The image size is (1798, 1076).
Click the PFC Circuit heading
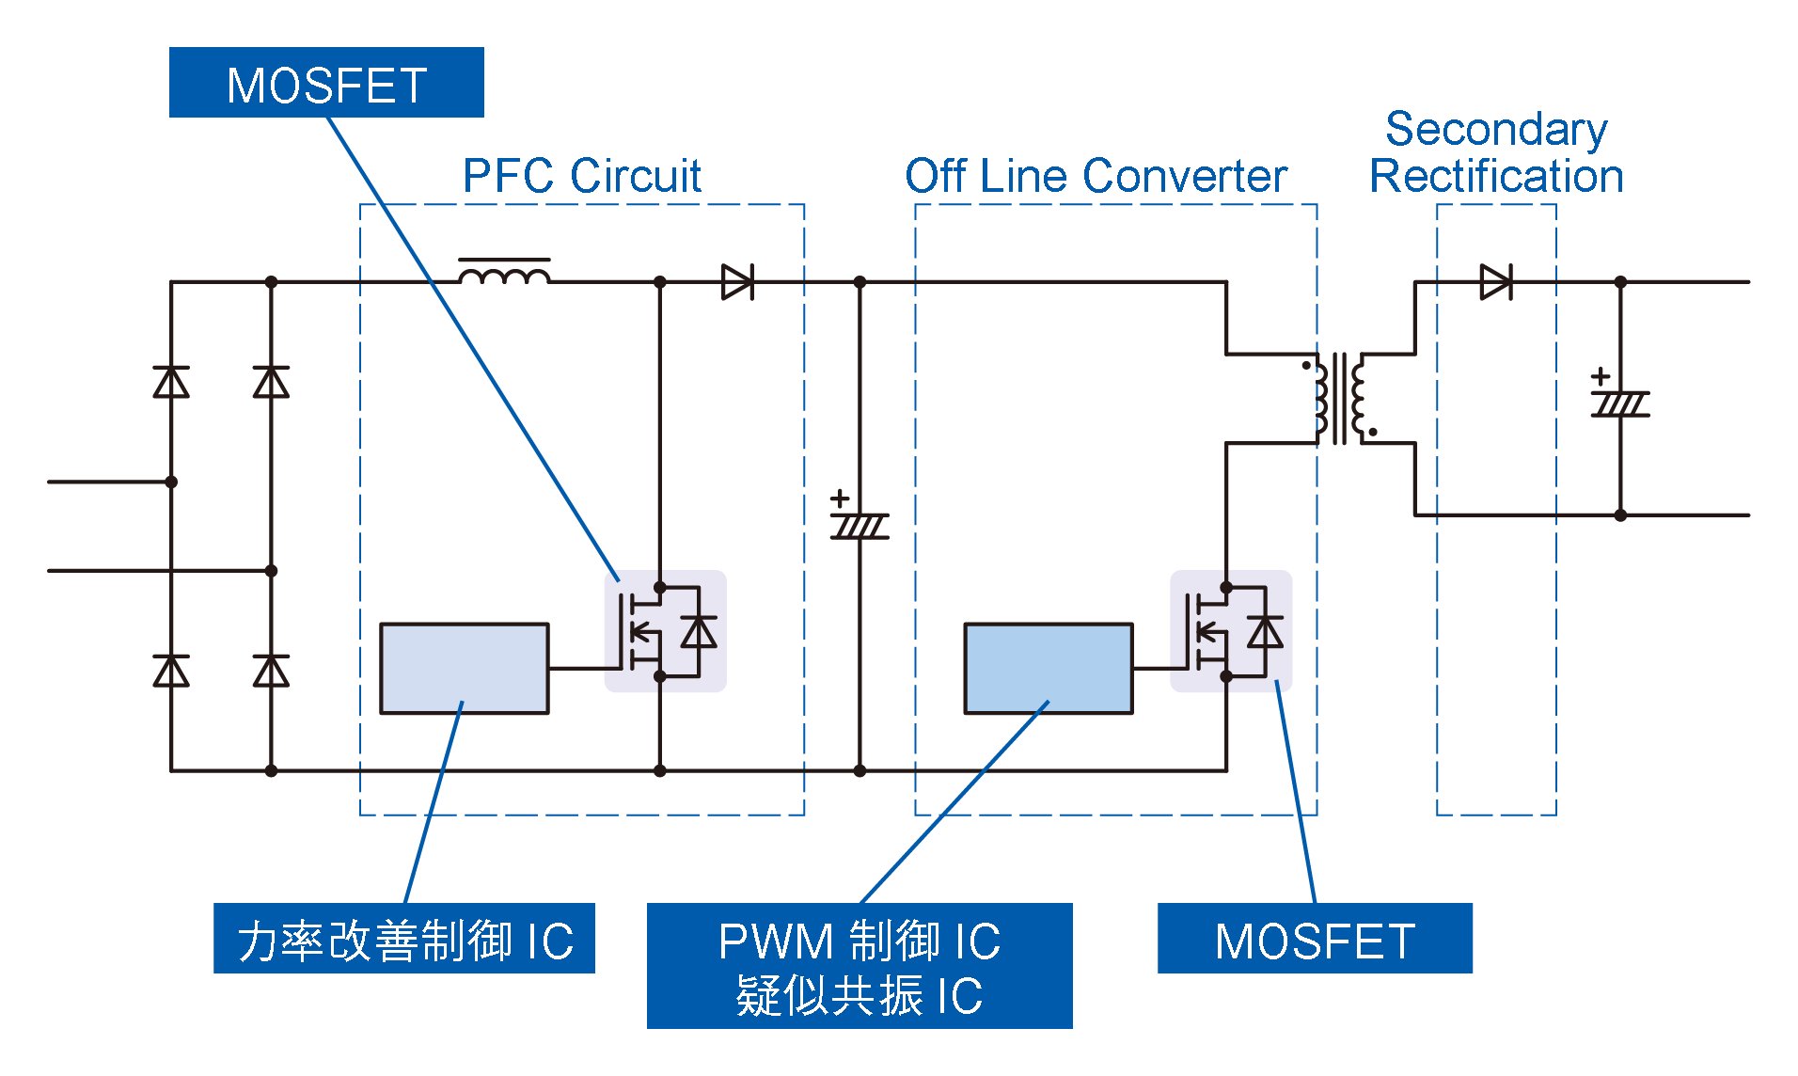pos(582,176)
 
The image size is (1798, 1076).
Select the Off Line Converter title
pos(1096,176)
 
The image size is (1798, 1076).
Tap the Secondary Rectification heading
pos(1496,152)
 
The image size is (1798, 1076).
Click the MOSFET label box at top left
pos(326,83)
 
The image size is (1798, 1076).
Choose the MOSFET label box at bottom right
pos(1315,939)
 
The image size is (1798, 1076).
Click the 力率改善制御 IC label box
pos(404,939)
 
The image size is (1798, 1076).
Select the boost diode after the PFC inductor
pos(737,282)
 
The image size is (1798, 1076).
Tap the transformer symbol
pos(1339,399)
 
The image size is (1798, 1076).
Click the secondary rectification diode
pos(1495,282)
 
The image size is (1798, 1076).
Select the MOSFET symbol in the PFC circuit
pos(665,631)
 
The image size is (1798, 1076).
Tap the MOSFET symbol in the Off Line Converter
pos(1231,631)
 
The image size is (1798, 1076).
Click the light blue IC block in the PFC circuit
pos(465,669)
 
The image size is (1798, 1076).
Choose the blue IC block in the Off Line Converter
pos(1049,669)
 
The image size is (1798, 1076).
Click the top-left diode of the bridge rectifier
pos(171,382)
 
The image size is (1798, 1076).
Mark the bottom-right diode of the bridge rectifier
pos(271,671)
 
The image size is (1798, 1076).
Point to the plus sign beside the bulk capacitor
pos(840,498)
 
